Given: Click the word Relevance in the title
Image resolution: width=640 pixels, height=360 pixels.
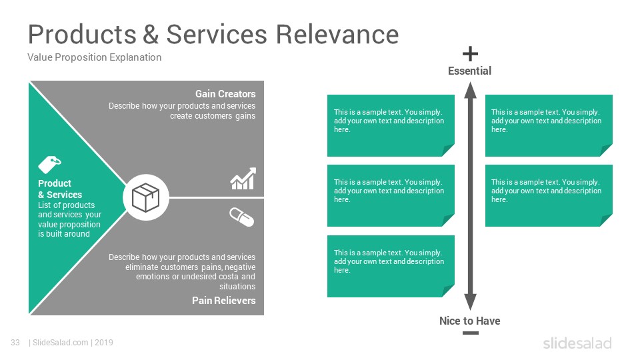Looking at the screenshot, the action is click(x=337, y=34).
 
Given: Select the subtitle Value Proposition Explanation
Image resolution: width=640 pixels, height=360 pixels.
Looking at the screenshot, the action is click(x=94, y=57).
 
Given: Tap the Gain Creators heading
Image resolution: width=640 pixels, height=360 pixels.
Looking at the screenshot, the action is click(x=225, y=94).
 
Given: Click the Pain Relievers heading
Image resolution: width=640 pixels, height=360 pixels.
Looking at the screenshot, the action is click(x=224, y=301).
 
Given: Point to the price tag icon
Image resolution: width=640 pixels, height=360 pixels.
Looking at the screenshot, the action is click(x=49, y=164).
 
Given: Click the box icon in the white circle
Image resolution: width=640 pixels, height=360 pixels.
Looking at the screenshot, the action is click(x=146, y=197).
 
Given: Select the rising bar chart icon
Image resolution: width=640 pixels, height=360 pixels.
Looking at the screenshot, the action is click(x=243, y=179).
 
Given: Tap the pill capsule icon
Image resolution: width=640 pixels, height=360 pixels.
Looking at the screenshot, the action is click(x=241, y=217).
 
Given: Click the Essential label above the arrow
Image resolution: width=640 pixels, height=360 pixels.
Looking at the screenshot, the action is click(x=469, y=71).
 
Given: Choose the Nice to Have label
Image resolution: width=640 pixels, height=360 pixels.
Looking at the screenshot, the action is click(x=470, y=321).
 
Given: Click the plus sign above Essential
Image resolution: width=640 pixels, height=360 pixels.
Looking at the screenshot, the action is click(x=470, y=54).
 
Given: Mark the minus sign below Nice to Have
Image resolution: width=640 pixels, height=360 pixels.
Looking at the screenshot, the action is click(x=471, y=333).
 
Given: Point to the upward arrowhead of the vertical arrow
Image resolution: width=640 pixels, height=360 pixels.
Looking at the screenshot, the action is click(x=470, y=90).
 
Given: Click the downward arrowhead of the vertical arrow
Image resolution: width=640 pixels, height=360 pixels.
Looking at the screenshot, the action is click(x=470, y=303).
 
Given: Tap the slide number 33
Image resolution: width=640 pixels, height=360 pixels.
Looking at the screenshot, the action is click(x=15, y=343).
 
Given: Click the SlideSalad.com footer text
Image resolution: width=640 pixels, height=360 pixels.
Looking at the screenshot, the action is click(x=61, y=343).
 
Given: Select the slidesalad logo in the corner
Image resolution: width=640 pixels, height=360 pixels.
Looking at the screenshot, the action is click(x=577, y=343).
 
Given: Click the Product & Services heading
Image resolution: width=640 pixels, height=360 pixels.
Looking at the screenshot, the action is click(x=60, y=189).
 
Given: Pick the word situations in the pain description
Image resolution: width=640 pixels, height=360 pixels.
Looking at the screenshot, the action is click(x=237, y=287).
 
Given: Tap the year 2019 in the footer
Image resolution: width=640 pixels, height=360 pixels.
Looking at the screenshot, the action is click(x=104, y=343).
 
